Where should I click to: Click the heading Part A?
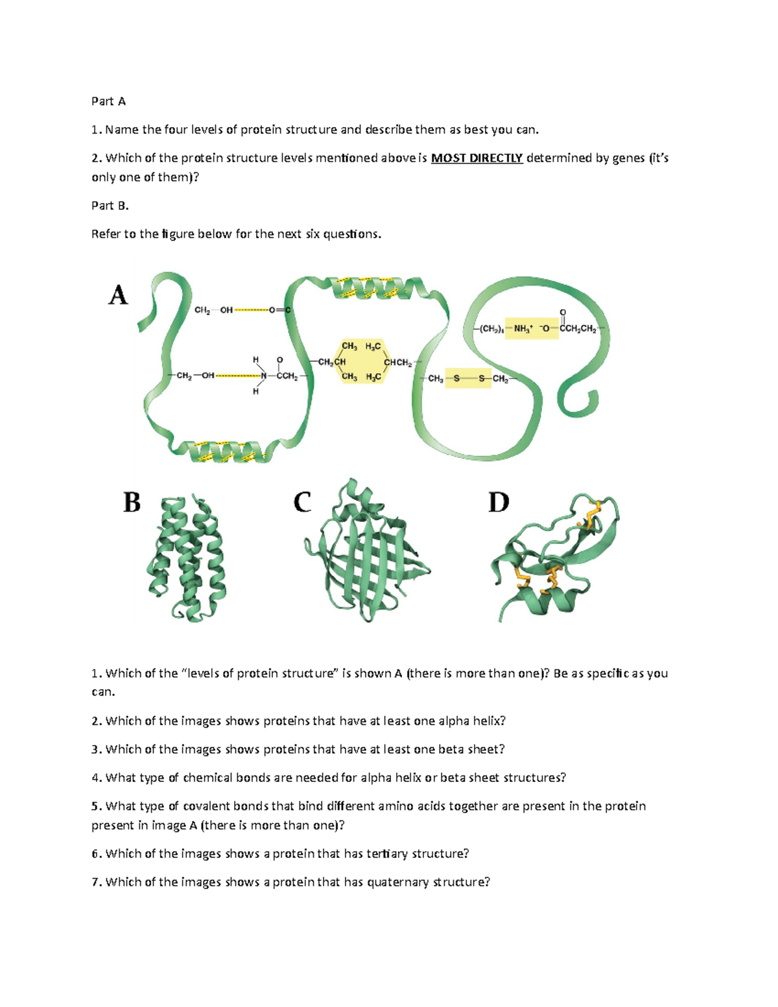[108, 101]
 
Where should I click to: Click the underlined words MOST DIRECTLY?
[477, 158]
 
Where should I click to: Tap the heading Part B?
[110, 206]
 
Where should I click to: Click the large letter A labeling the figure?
[118, 296]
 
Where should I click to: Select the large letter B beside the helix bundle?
[132, 503]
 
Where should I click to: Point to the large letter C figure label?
[302, 503]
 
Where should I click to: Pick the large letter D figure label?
[499, 503]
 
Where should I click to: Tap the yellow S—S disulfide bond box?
[468, 379]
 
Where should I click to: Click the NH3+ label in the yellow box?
[523, 329]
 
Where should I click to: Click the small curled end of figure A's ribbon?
[578, 401]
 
